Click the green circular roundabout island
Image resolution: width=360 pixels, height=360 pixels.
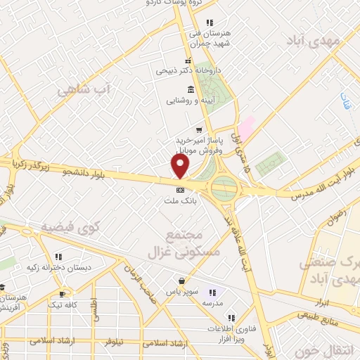pos(224,188)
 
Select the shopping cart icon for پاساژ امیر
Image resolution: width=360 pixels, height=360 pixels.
pos(200,130)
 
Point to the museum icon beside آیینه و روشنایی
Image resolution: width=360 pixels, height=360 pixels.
pos(191,89)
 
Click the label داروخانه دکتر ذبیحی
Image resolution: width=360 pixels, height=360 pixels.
pos(186,71)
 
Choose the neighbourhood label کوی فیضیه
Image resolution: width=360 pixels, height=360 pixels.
pos(70,226)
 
